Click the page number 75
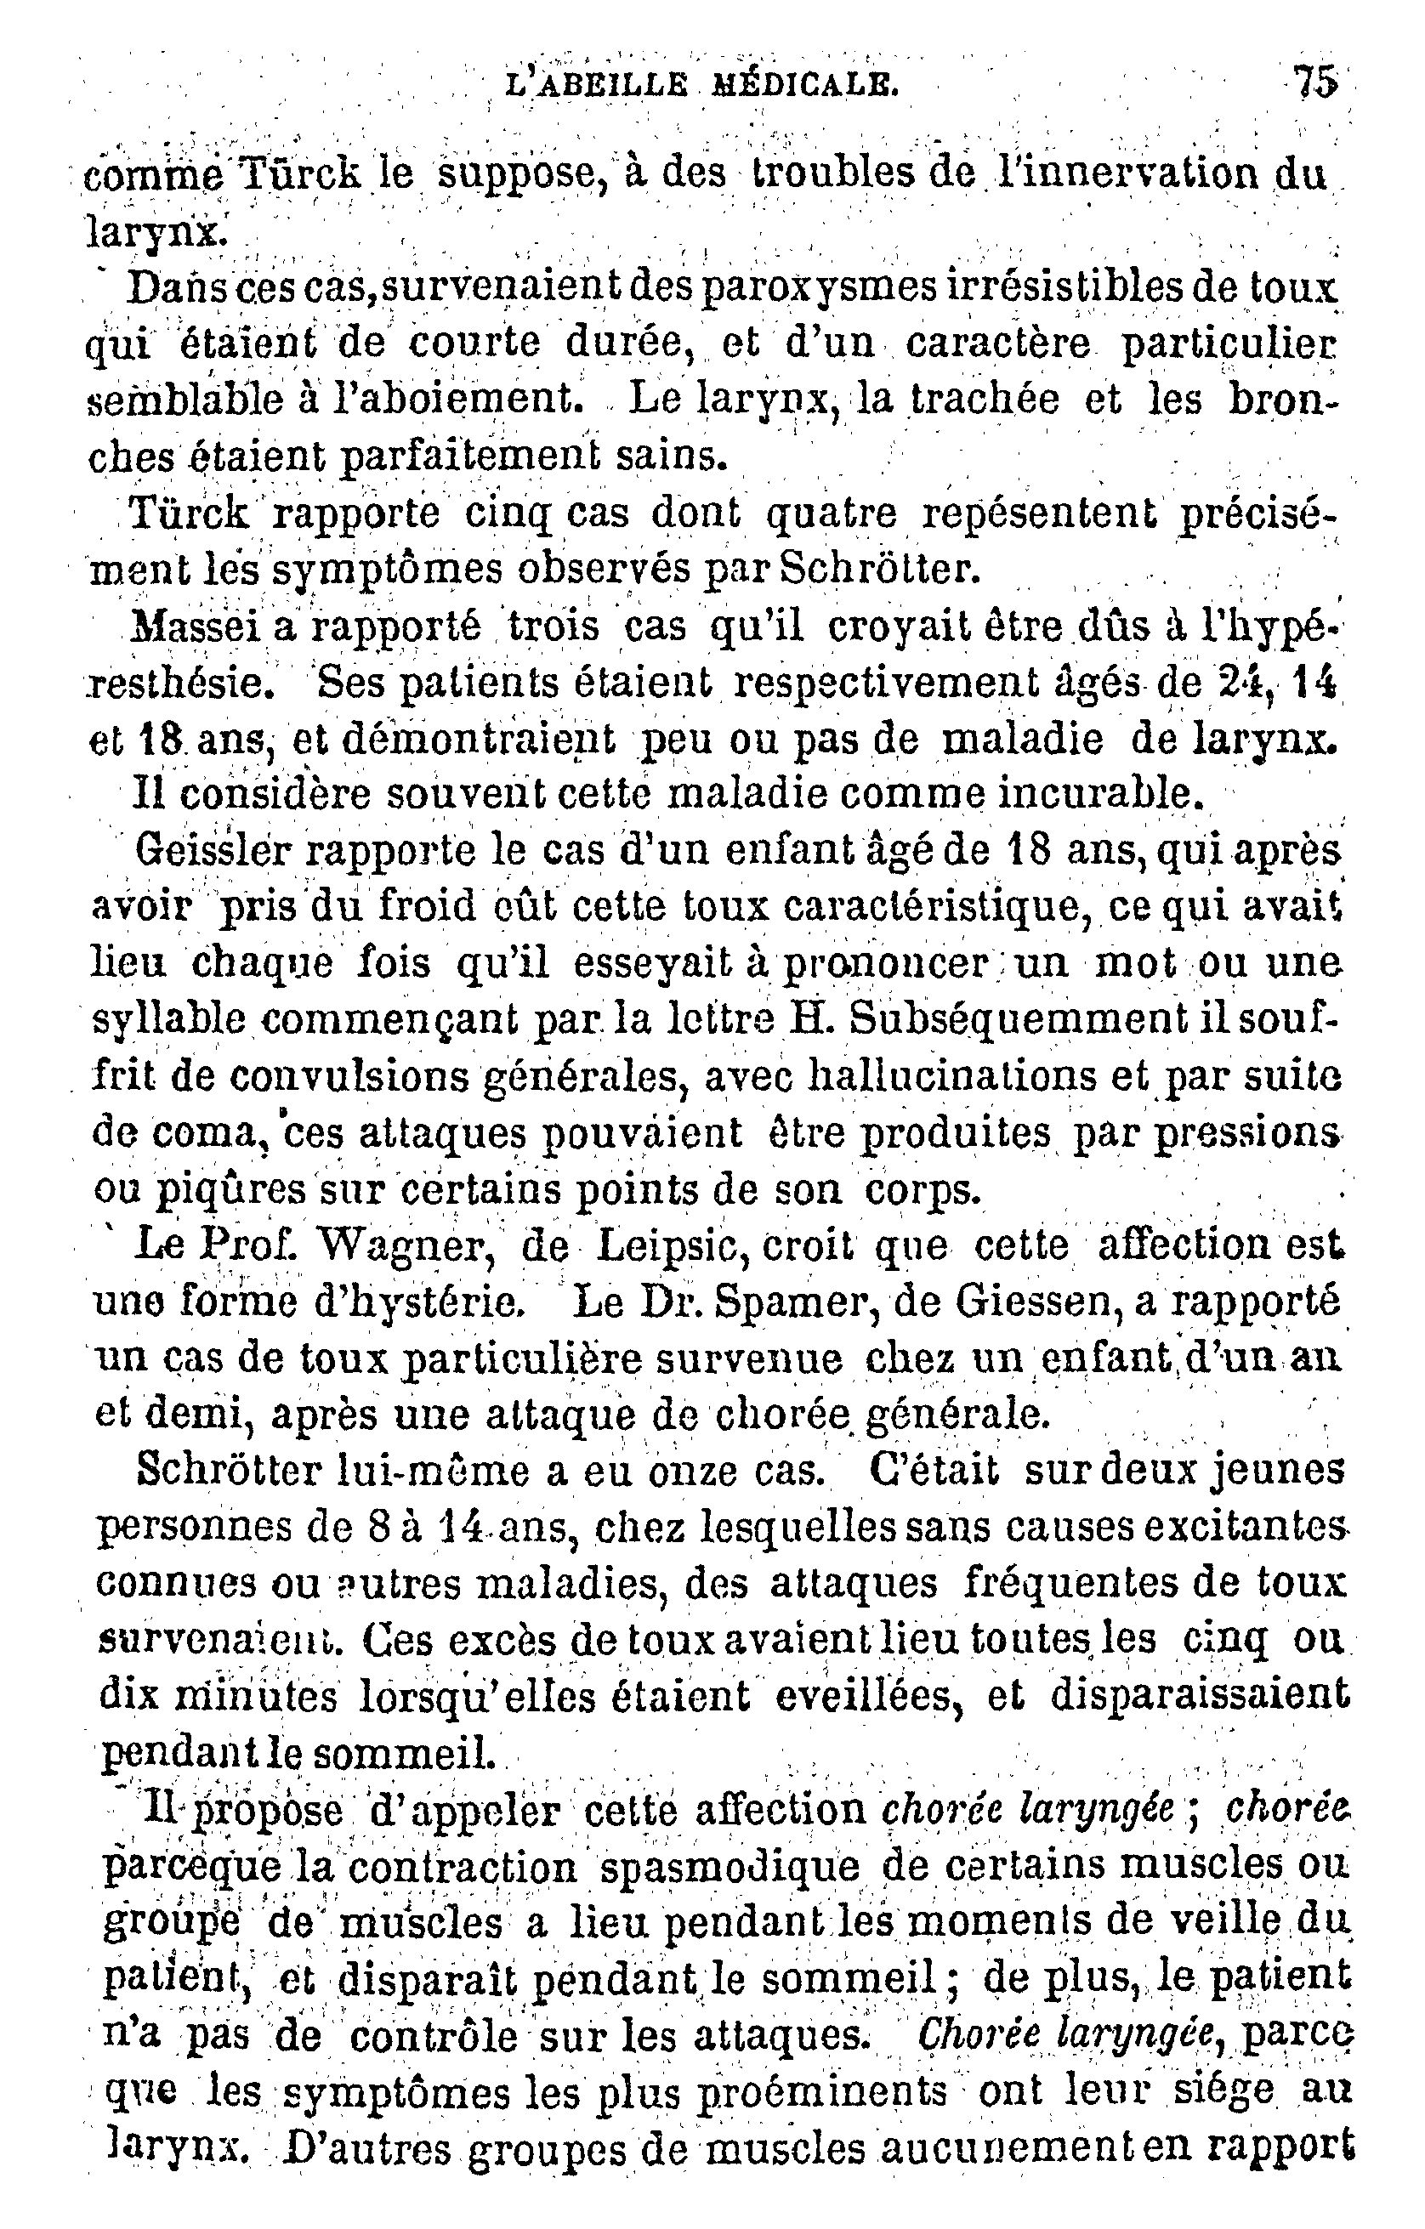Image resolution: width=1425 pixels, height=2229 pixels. [x=1314, y=83]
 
